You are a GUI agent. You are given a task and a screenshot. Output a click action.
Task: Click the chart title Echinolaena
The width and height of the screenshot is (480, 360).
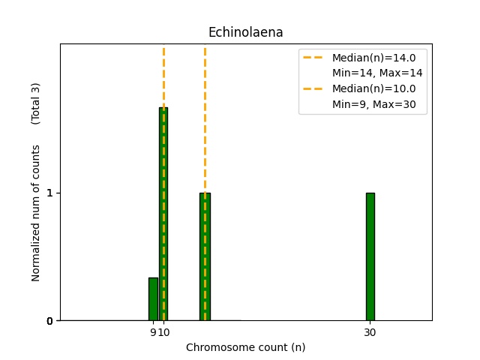[x=245, y=32]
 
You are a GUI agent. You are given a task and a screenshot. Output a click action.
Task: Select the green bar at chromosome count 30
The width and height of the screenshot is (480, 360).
[x=370, y=256]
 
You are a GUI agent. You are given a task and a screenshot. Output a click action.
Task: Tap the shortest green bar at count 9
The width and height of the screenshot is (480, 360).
[x=153, y=299]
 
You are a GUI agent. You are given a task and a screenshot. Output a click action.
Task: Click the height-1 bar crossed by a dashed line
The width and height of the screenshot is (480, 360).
[x=205, y=256]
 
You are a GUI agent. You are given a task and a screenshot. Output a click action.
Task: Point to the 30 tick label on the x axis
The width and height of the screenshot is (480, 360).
[x=370, y=332]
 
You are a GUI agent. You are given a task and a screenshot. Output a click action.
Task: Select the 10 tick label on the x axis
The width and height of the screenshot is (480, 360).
[x=163, y=332]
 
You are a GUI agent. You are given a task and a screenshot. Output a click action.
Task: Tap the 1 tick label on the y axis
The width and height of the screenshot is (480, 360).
[x=49, y=193]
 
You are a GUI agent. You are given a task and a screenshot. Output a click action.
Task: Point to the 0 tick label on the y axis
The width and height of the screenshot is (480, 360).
[x=49, y=321]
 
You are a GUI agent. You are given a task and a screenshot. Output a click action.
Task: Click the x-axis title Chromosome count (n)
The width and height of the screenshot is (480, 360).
[x=245, y=347]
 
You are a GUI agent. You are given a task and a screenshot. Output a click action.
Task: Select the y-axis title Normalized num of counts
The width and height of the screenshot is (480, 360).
[x=36, y=213]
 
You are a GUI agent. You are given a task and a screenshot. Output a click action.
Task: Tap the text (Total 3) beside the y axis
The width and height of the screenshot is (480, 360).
[x=36, y=103]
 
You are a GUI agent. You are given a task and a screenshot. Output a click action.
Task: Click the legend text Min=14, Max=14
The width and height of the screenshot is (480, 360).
[x=377, y=73]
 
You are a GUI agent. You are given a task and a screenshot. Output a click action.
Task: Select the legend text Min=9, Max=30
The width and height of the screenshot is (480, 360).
[x=374, y=104]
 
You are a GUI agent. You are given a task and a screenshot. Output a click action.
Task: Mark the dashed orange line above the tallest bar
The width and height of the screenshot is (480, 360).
[x=163, y=75]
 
